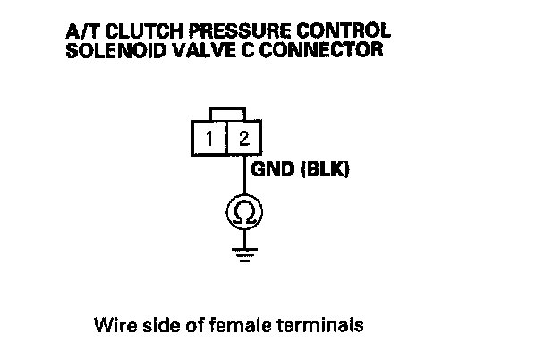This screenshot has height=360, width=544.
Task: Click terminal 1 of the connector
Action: [210, 139]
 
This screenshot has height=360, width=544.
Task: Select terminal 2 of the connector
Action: [243, 139]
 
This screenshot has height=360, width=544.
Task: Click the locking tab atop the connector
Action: [226, 112]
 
